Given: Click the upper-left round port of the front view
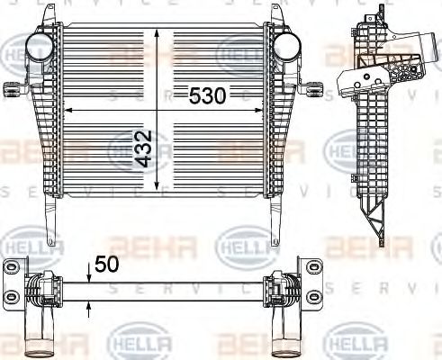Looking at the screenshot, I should pos(41,48).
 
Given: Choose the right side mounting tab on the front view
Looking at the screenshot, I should pos(316,87).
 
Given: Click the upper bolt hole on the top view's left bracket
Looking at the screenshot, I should pos(12,269).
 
